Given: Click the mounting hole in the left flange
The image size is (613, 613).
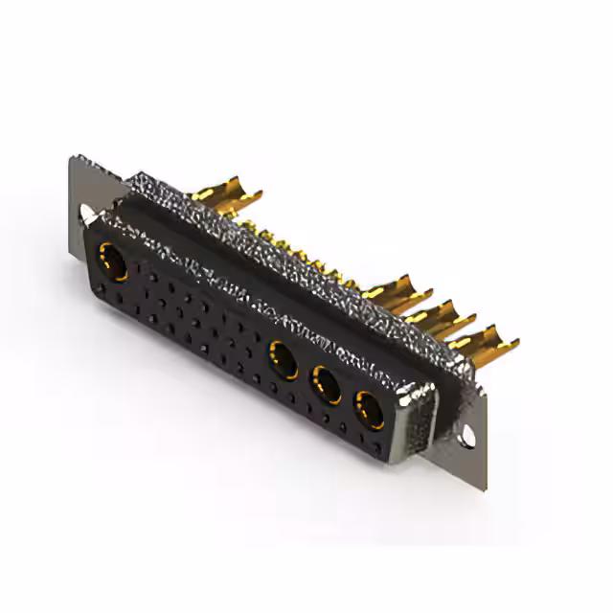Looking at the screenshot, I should pyautogui.click(x=89, y=213).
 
